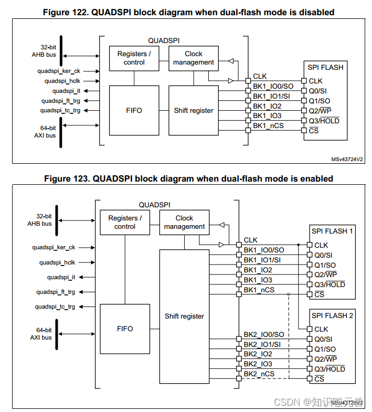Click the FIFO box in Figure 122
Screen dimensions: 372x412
[134, 110]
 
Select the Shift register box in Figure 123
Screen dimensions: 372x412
[184, 316]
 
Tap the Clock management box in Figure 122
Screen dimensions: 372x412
[194, 58]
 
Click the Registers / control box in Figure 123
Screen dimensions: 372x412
[125, 223]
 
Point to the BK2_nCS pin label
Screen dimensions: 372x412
[259, 374]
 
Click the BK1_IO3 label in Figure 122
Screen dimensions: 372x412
[267, 116]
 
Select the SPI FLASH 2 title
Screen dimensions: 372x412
[332, 315]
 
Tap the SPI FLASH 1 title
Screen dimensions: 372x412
[332, 231]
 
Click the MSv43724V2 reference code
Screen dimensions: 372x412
[347, 159]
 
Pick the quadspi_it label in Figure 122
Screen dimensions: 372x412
[66, 91]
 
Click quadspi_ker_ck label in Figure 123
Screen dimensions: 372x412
[54, 248]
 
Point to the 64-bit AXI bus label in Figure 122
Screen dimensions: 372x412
[45, 132]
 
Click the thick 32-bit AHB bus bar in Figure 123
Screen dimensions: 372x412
[57, 220]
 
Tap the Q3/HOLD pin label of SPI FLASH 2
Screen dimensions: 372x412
[330, 369]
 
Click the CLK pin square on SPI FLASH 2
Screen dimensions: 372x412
[310, 329]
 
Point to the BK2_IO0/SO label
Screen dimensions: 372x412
[264, 334]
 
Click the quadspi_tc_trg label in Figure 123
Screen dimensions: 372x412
[55, 307]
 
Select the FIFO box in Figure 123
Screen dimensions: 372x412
[125, 329]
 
